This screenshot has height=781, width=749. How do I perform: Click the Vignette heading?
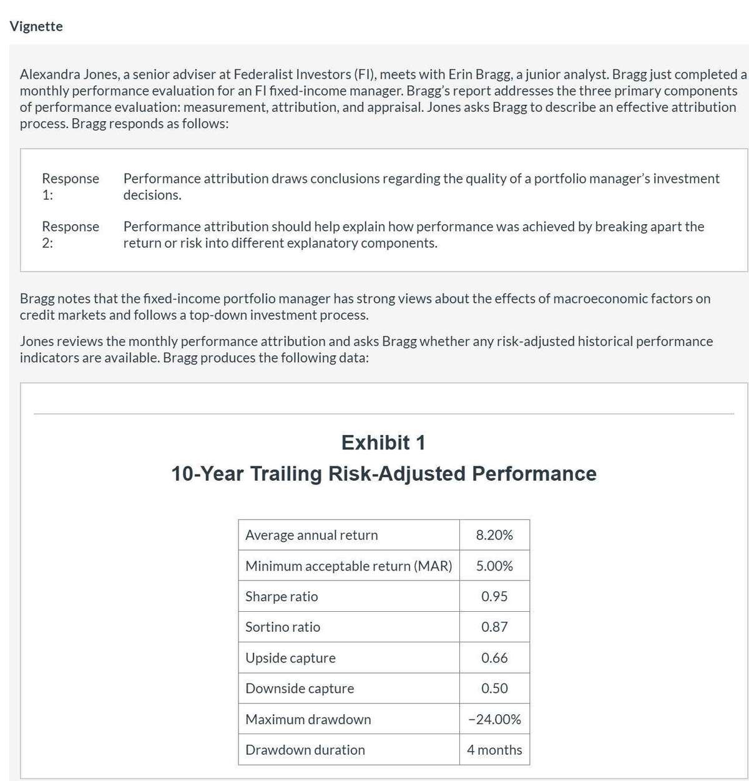click(36, 26)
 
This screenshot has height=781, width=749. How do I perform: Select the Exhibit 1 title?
click(383, 443)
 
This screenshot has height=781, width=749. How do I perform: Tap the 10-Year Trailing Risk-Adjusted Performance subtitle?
click(383, 474)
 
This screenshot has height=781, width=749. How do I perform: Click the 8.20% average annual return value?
click(494, 535)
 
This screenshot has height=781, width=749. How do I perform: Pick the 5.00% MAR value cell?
click(494, 566)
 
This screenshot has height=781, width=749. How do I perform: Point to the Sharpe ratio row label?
click(281, 596)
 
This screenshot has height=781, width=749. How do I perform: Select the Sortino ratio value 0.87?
click(494, 627)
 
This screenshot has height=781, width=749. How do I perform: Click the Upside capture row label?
click(290, 658)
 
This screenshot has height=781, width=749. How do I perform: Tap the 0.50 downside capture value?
click(494, 689)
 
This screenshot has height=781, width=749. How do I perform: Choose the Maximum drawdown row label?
click(308, 719)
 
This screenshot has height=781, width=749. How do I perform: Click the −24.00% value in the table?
click(494, 719)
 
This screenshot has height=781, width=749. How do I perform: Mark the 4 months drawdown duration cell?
click(494, 750)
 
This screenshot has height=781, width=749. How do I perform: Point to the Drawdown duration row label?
click(305, 750)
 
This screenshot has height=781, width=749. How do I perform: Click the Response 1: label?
click(70, 187)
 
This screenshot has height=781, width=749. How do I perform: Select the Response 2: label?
click(70, 234)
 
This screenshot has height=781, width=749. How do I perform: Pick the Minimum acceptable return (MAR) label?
click(348, 566)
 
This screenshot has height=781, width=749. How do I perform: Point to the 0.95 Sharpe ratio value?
click(494, 596)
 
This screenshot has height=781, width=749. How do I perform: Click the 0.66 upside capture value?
click(494, 658)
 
